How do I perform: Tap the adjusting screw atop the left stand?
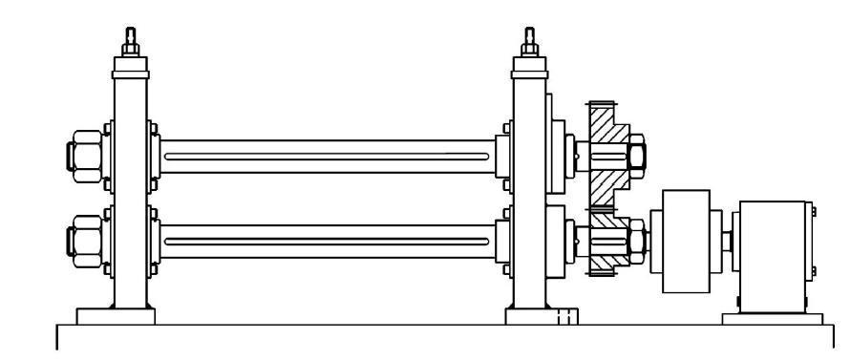tap(129, 43)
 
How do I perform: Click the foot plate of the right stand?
tap(542, 316)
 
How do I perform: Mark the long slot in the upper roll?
tap(330, 156)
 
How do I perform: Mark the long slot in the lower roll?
tap(330, 242)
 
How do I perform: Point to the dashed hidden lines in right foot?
tap(565, 316)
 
